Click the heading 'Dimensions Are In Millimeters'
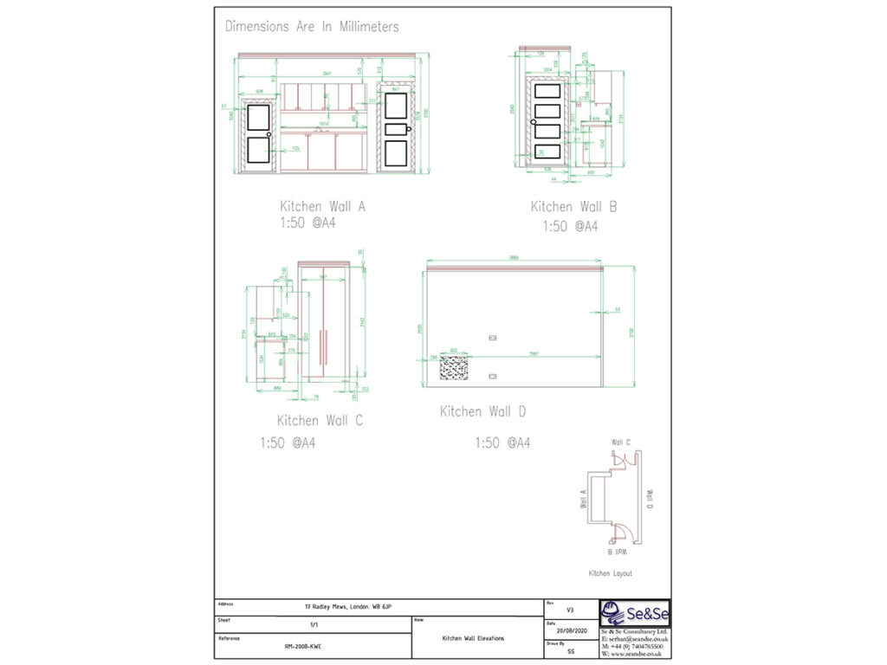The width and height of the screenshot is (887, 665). [x=312, y=27]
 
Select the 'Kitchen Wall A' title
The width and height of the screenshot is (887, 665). [x=322, y=207]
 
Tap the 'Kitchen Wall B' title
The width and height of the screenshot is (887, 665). [x=573, y=207]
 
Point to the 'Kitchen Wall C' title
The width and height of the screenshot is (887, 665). [x=320, y=421]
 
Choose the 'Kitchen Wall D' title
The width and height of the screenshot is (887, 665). [x=482, y=412]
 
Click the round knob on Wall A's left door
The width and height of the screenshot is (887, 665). [x=269, y=135]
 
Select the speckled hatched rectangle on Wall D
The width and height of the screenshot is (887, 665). [x=454, y=368]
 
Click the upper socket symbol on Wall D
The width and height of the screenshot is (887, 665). [x=493, y=337]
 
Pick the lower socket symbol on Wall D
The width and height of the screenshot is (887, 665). [x=493, y=376]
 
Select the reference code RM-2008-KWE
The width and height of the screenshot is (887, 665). [x=301, y=646]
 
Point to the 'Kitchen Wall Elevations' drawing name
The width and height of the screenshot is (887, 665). [x=473, y=638]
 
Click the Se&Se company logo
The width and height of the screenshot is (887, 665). [x=635, y=614]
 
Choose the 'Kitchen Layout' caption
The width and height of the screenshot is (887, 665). [x=610, y=573]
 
